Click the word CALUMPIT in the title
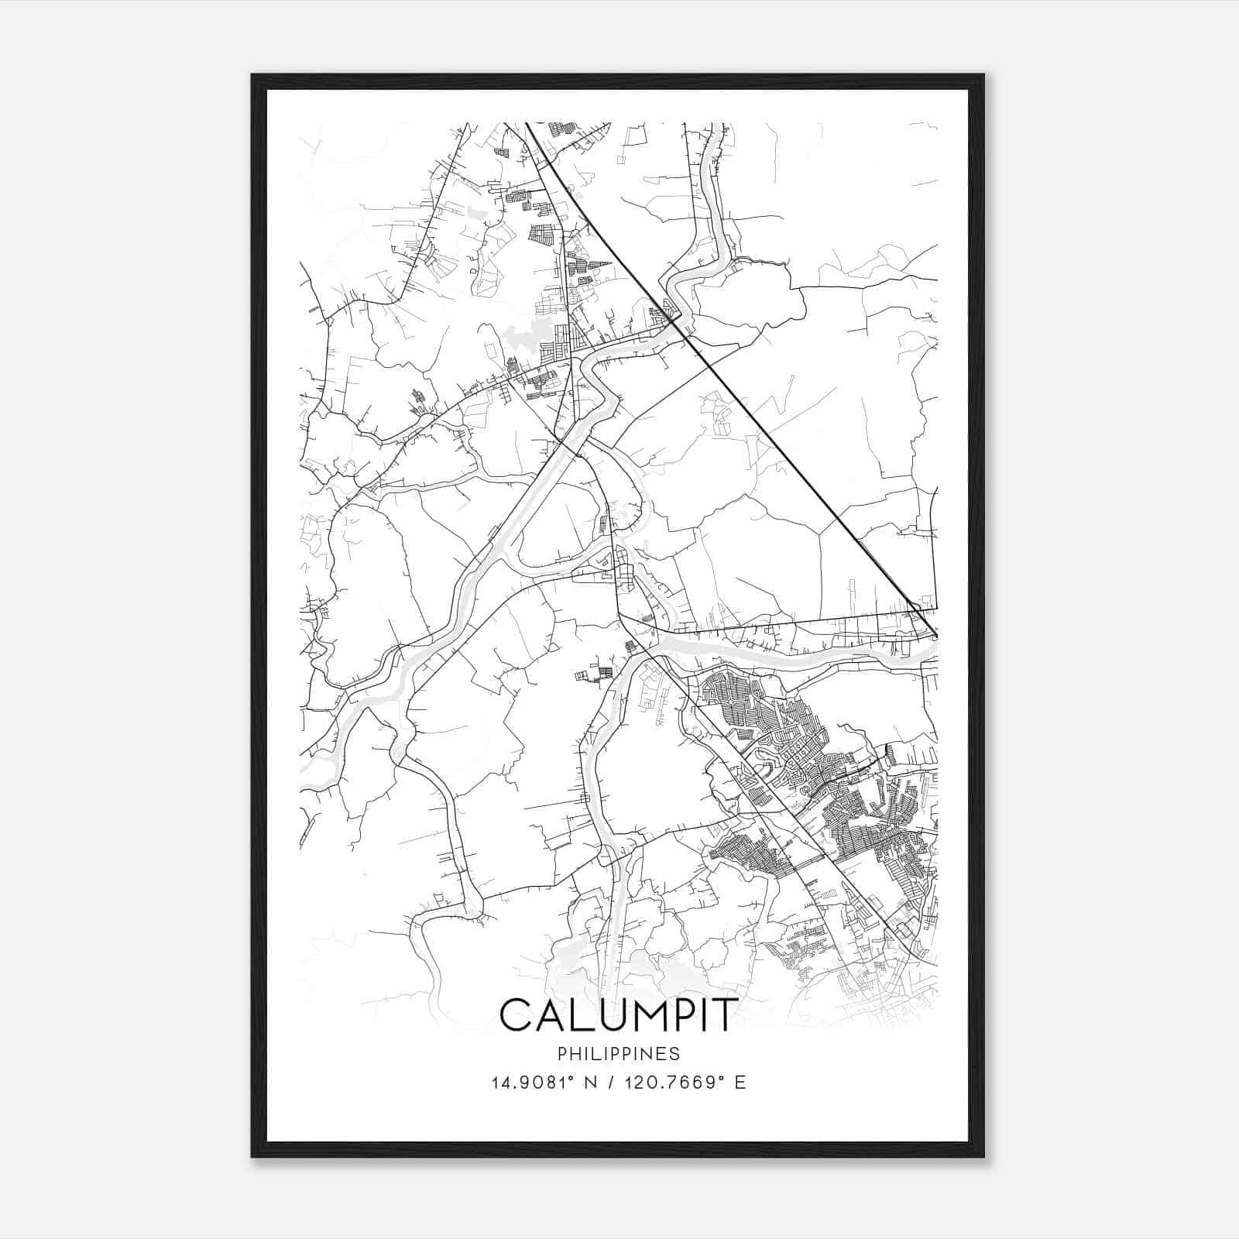pos(617,1015)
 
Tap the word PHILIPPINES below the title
pos(617,1053)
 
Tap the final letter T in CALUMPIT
pos(722,1015)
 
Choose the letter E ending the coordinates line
pos(740,1083)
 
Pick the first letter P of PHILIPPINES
pos(561,1053)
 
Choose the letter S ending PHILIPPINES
pos(675,1053)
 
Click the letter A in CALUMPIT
pos(545,1015)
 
